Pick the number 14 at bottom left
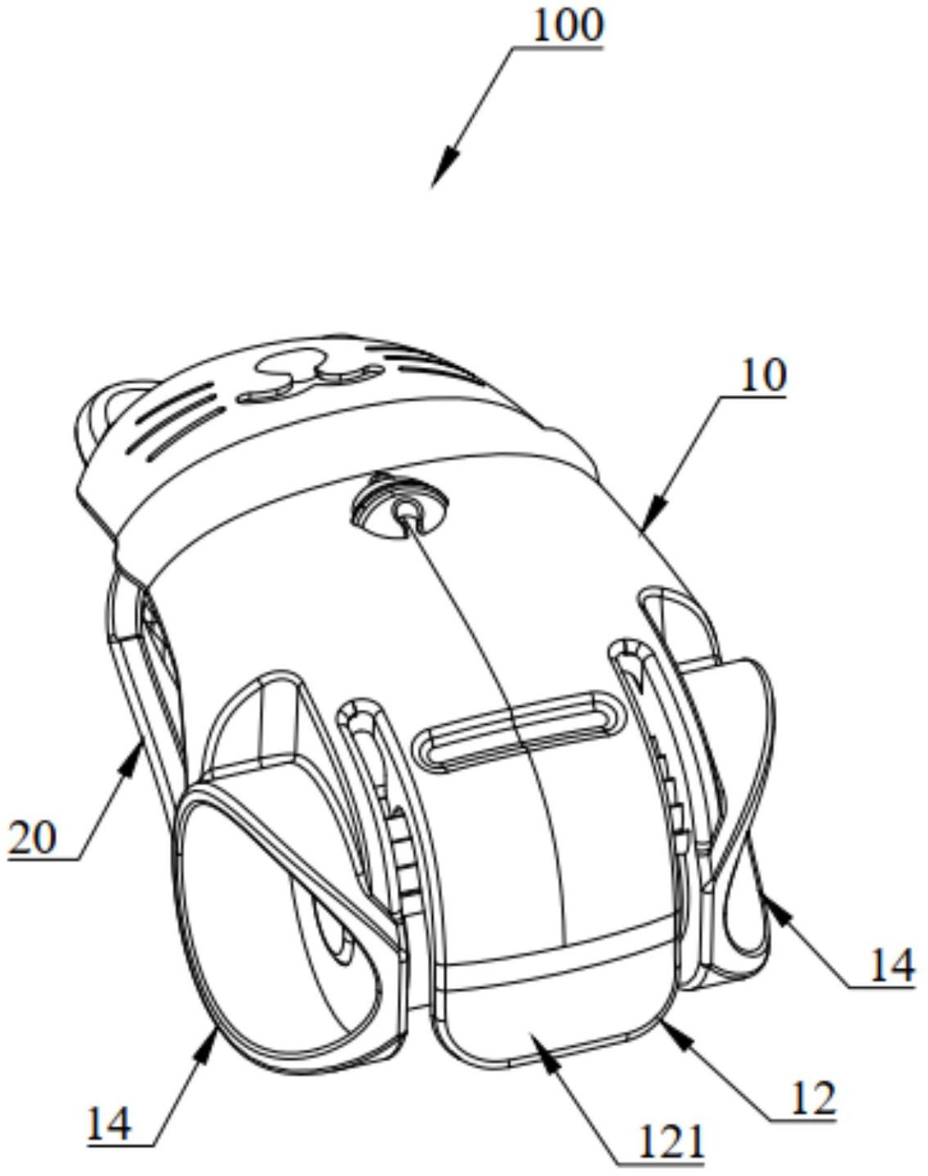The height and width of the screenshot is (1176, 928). (x=109, y=1125)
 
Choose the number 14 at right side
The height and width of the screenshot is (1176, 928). (x=890, y=967)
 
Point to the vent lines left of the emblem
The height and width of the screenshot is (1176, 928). (x=180, y=421)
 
